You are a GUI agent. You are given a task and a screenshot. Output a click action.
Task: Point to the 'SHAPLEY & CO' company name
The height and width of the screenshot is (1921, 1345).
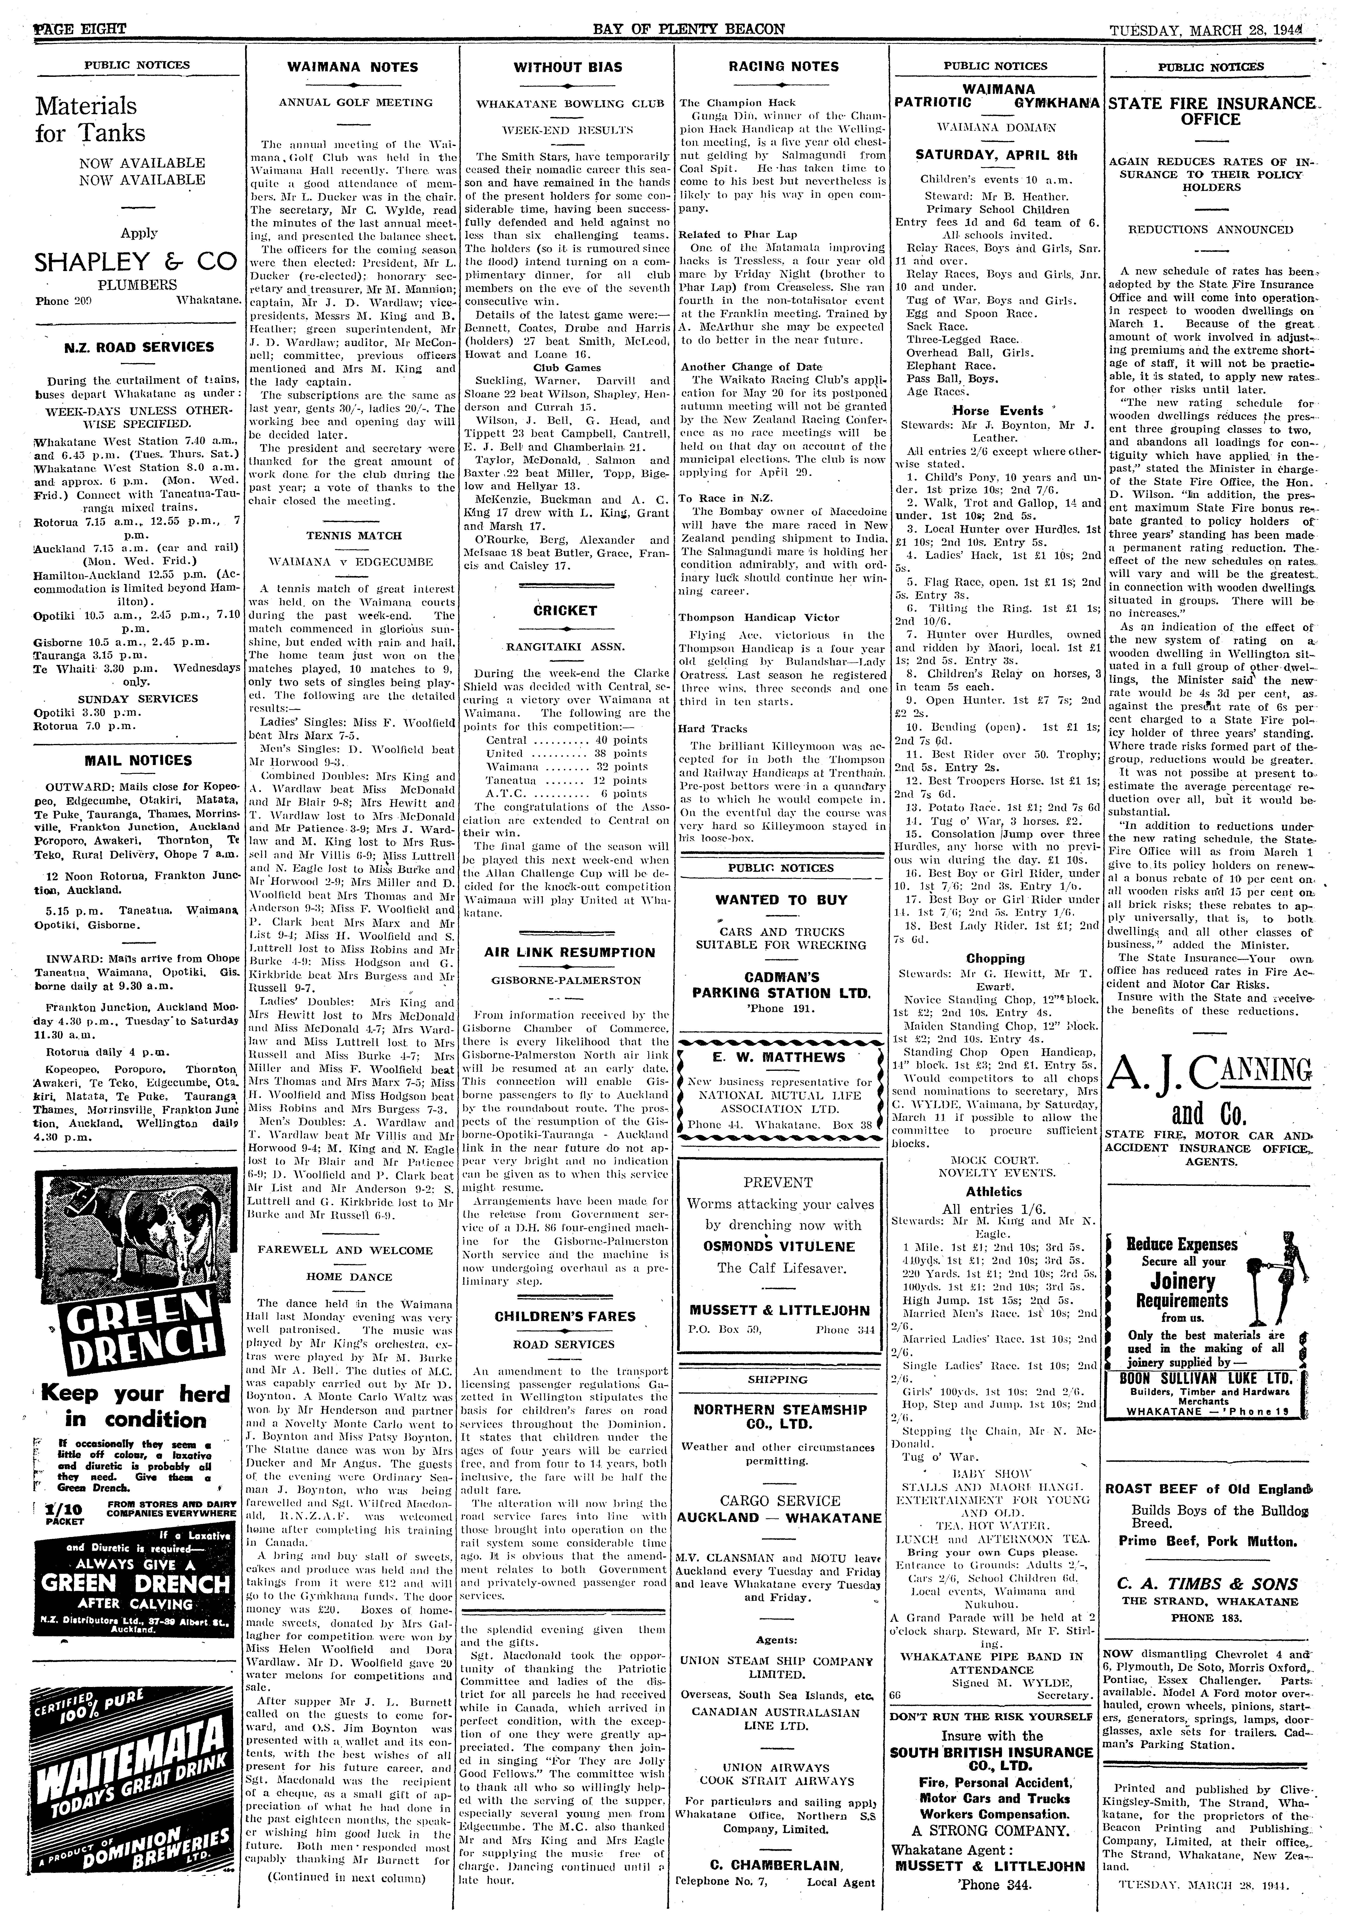135,262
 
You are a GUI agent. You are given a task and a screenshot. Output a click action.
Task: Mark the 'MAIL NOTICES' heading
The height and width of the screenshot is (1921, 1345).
138,761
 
